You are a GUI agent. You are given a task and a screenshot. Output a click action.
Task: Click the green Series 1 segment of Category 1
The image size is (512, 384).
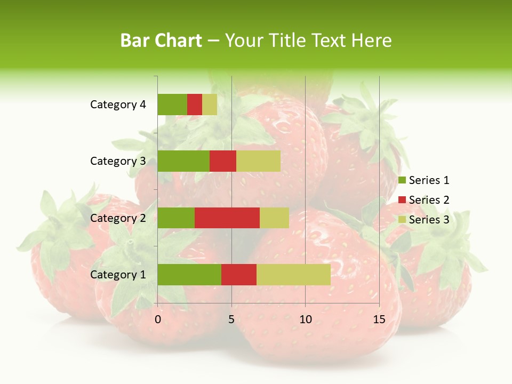(189, 275)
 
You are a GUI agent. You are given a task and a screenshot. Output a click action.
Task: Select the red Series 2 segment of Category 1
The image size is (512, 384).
(239, 275)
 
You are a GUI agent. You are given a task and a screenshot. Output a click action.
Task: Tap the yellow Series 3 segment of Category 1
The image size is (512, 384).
(293, 275)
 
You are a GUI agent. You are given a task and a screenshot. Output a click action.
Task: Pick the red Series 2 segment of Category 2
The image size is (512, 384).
(227, 218)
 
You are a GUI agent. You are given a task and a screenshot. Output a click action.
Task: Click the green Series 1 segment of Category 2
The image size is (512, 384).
(176, 218)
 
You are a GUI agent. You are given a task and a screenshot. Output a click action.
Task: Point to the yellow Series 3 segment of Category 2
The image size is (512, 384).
(274, 218)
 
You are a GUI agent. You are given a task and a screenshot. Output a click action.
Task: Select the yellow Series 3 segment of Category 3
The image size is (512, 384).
(258, 161)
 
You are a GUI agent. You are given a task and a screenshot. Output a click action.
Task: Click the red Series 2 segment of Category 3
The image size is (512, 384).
(223, 161)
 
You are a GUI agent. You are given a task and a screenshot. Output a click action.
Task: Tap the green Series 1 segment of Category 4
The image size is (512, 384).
(172, 105)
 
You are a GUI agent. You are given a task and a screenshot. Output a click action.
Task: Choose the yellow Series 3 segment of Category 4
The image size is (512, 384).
(210, 105)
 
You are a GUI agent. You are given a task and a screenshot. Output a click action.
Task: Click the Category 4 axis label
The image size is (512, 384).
(118, 105)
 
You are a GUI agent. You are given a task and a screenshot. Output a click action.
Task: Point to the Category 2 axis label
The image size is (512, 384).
(118, 218)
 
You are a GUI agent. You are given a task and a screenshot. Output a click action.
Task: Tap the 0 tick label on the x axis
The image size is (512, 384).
(158, 319)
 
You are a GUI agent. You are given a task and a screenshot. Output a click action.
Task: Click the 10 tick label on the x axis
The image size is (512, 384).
(305, 319)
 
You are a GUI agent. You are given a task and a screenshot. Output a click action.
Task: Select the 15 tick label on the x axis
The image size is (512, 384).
(379, 319)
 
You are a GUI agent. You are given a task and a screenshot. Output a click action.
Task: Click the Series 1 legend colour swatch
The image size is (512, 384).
(402, 180)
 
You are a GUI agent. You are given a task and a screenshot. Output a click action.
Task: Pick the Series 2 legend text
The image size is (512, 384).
(429, 200)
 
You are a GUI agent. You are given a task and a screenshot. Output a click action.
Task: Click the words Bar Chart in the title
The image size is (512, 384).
(161, 41)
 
